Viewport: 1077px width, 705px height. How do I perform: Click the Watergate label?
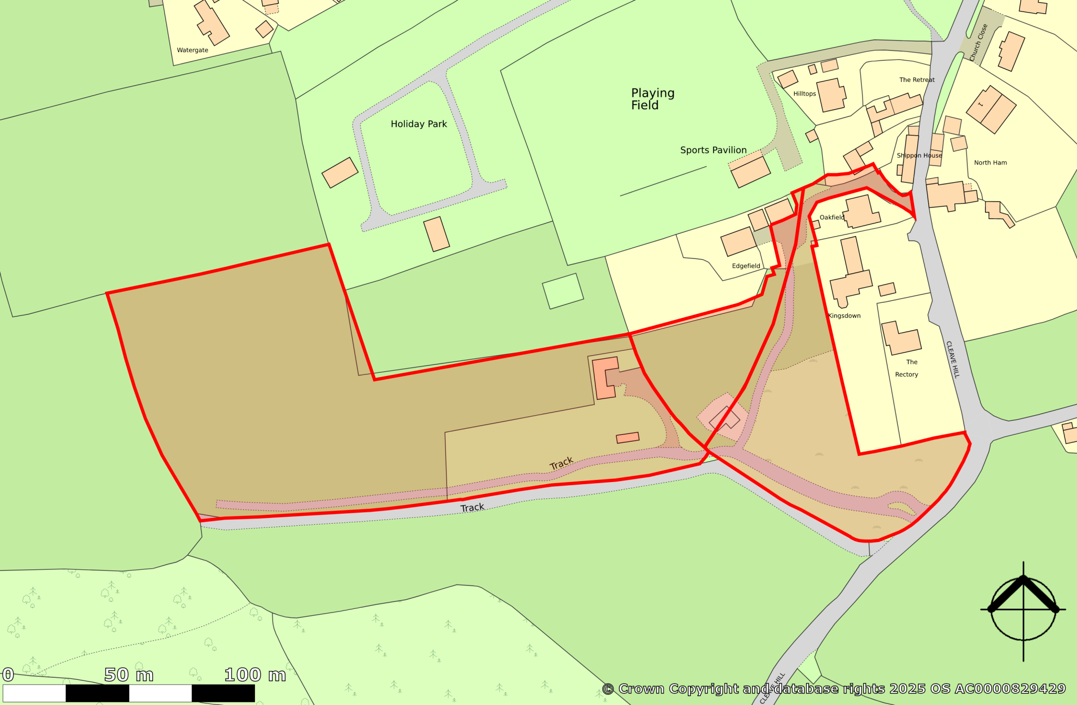(x=192, y=50)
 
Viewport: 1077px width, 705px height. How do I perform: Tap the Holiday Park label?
(x=419, y=124)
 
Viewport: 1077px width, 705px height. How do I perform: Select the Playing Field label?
(x=653, y=99)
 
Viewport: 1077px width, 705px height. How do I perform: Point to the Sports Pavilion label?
(x=713, y=150)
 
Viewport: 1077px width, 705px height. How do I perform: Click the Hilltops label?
(x=805, y=94)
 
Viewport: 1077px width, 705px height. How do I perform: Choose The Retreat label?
(x=917, y=80)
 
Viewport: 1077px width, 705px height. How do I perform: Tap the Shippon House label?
(x=919, y=156)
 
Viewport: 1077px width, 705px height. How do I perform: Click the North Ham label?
(x=990, y=163)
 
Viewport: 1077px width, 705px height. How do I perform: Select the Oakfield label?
(x=832, y=218)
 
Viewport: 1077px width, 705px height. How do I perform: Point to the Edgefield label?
(x=746, y=266)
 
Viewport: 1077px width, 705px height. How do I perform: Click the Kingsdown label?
(x=844, y=316)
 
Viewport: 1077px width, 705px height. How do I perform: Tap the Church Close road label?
(x=978, y=42)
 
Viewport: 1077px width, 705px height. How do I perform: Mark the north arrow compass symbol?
(x=1023, y=610)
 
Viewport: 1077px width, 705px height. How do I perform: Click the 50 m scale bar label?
(x=129, y=675)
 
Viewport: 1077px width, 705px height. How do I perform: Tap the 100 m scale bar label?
(x=255, y=675)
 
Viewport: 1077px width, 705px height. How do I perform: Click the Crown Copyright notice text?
(x=834, y=689)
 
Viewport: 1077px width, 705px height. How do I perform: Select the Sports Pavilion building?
(x=750, y=171)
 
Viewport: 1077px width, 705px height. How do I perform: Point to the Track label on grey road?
(x=472, y=508)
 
